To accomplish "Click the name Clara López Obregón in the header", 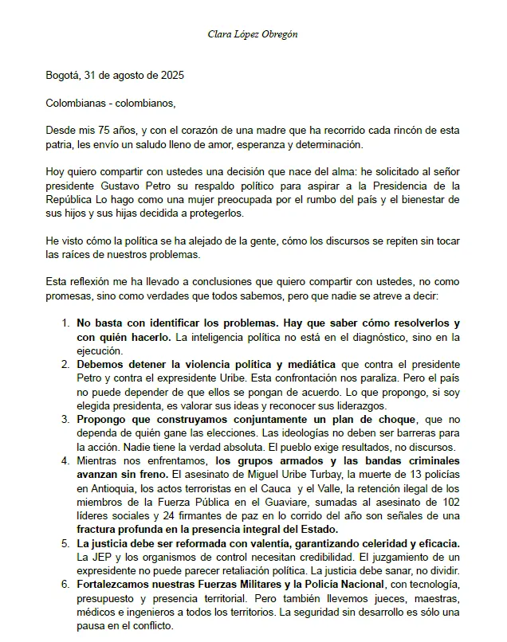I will point(253,34).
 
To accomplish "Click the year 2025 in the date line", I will point(171,76).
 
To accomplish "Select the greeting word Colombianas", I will point(76,103).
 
